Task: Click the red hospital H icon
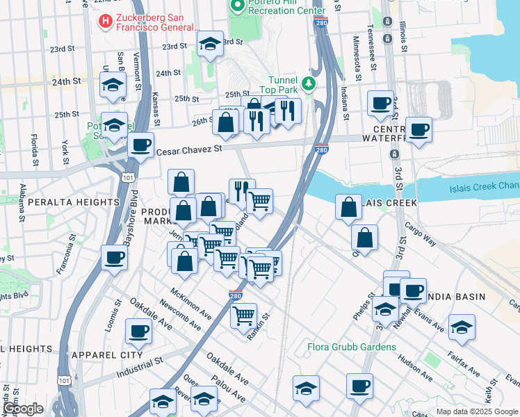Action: click(x=105, y=22)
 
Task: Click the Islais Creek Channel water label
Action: click(x=480, y=186)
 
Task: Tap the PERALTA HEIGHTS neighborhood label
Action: click(x=74, y=202)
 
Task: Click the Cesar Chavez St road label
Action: click(x=189, y=149)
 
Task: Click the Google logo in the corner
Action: click(x=22, y=409)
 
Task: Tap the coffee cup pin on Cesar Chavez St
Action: click(x=141, y=145)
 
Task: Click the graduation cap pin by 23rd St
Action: click(x=210, y=44)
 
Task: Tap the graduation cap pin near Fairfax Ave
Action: click(x=461, y=327)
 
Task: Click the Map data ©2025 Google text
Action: click(x=477, y=411)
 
